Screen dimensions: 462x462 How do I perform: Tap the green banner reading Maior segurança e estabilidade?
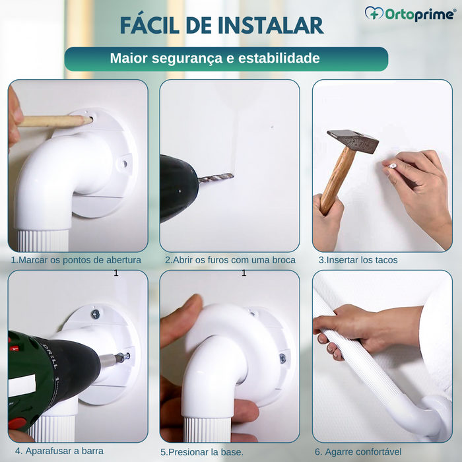coord(226,59)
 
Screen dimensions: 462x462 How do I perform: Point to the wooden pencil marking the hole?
coord(53,121)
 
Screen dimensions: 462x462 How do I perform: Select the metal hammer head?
coord(352,141)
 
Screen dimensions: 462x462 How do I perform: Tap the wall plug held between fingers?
coord(392,165)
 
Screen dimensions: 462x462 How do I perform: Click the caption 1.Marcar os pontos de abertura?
coord(76,260)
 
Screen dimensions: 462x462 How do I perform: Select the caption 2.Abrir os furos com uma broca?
coord(230,260)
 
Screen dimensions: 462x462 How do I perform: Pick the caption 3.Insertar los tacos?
coord(358,260)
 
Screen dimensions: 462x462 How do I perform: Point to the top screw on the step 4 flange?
coord(95,314)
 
